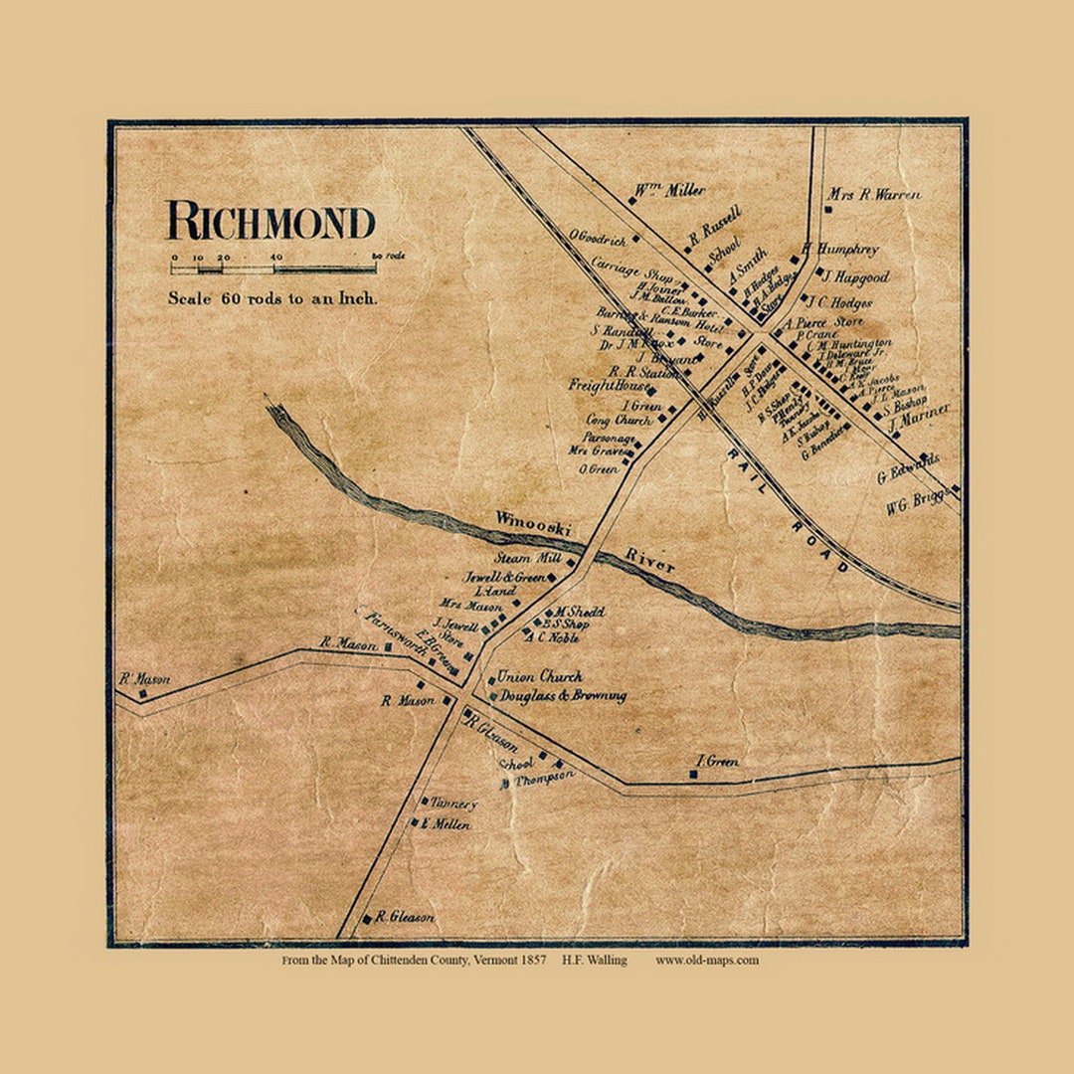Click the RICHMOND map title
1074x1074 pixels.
pos(270,221)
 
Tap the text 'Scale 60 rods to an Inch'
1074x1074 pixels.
pos(271,297)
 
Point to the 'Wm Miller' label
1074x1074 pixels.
pos(671,189)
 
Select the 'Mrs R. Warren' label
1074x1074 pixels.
pos(876,195)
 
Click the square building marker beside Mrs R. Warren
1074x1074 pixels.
pos(828,209)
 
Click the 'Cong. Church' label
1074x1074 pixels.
pos(619,421)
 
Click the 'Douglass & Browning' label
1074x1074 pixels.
pos(563,696)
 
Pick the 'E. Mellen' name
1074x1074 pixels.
pos(446,824)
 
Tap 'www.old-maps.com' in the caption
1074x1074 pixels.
pos(706,960)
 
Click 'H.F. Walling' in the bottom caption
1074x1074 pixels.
pos(594,960)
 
